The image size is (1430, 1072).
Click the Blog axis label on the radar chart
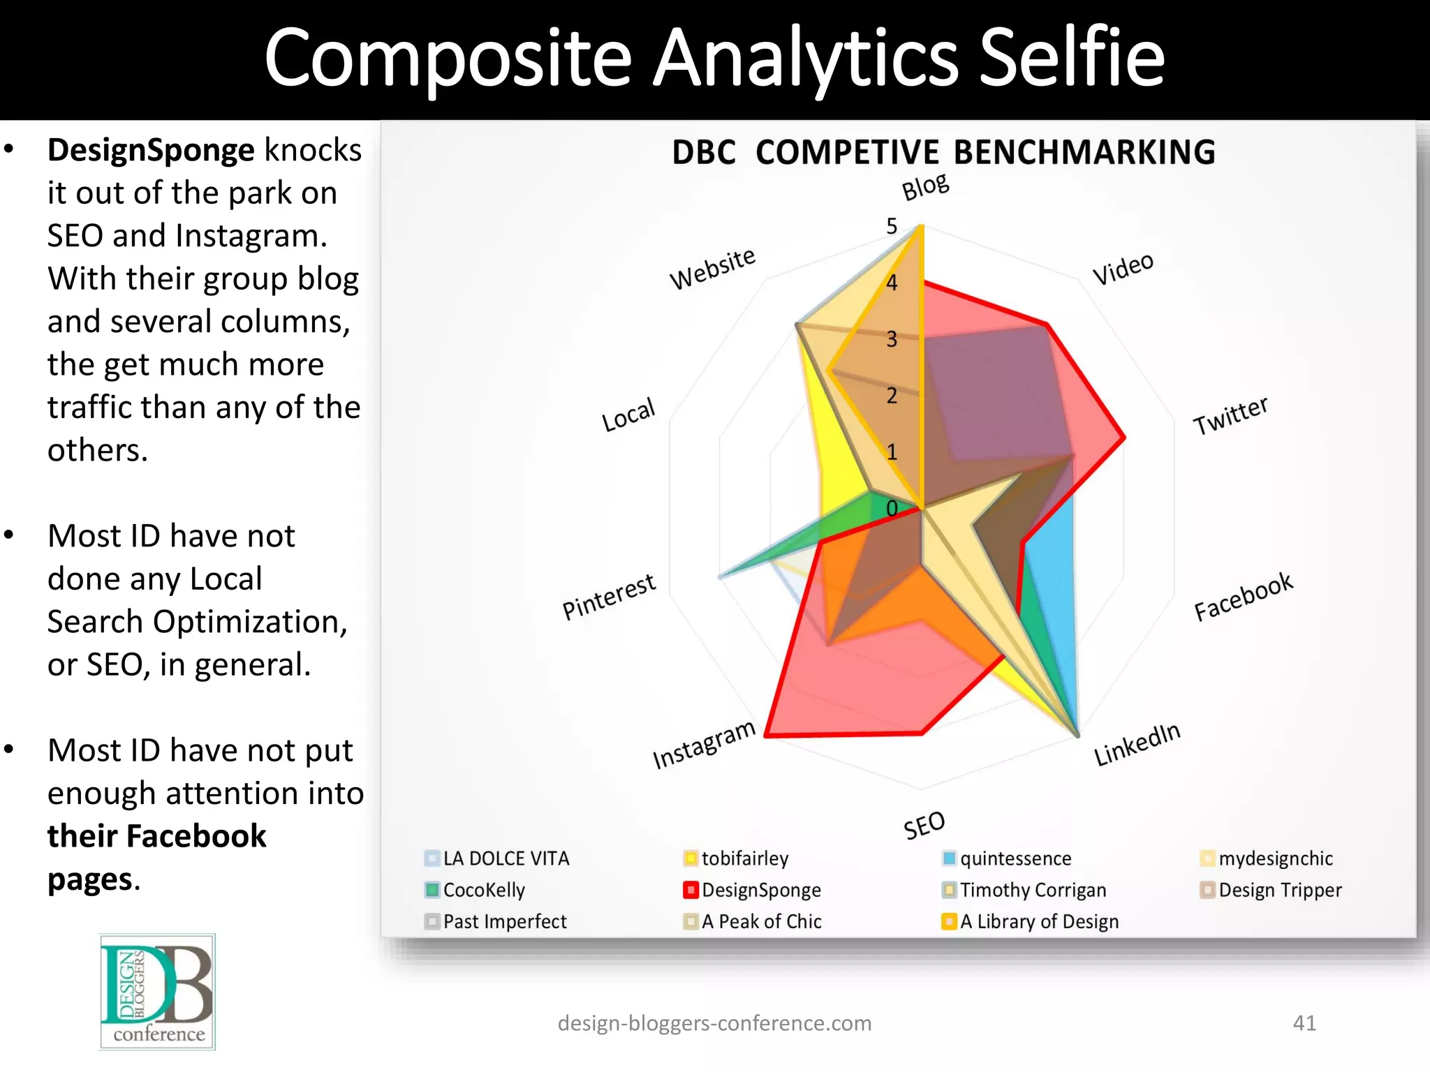click(925, 187)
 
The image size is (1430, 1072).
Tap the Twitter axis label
click(1230, 415)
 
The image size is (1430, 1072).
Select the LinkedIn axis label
click(1137, 745)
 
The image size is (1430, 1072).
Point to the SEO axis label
click(924, 826)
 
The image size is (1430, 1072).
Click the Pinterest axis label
click(609, 597)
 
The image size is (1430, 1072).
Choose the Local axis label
click(628, 415)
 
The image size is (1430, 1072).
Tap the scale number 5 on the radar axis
click(892, 226)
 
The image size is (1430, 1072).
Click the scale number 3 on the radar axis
click(892, 339)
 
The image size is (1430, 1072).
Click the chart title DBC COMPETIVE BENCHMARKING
click(943, 152)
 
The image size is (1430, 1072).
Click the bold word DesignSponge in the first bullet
click(151, 150)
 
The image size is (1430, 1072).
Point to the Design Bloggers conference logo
click(157, 992)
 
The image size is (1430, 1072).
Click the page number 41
click(1304, 1022)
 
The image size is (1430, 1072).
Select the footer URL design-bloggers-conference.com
click(714, 1023)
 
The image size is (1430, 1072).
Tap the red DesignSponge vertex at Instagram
click(766, 735)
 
